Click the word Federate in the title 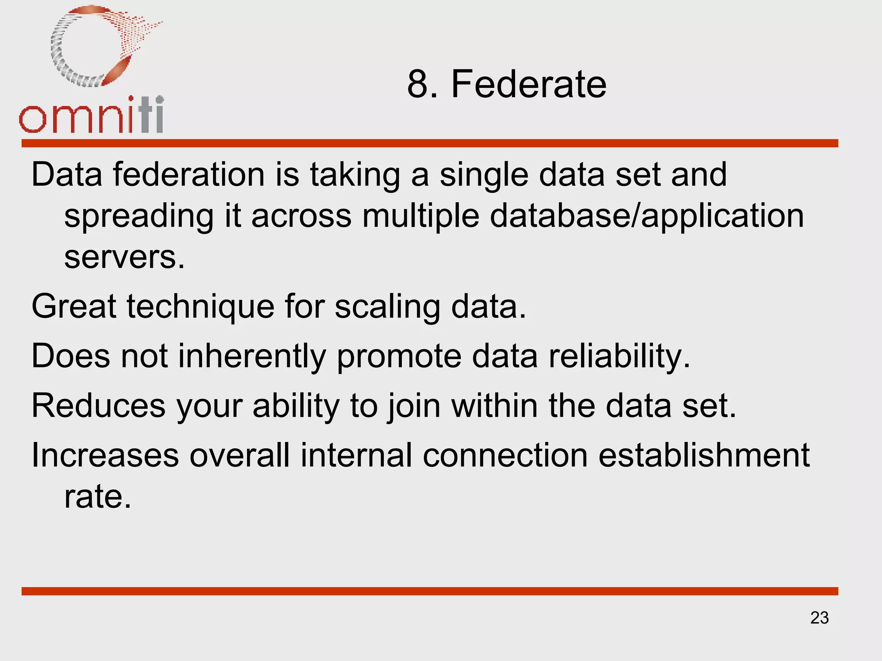point(528,84)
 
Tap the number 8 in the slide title point(417,84)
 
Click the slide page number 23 point(819,618)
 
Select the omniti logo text point(91,115)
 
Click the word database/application point(646,216)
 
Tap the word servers point(124,257)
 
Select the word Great point(74,306)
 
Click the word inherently point(252,357)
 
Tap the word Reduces point(98,406)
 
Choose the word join point(413,407)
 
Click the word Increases point(105,455)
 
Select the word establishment point(704,455)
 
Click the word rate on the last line point(97,497)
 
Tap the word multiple point(420,216)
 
